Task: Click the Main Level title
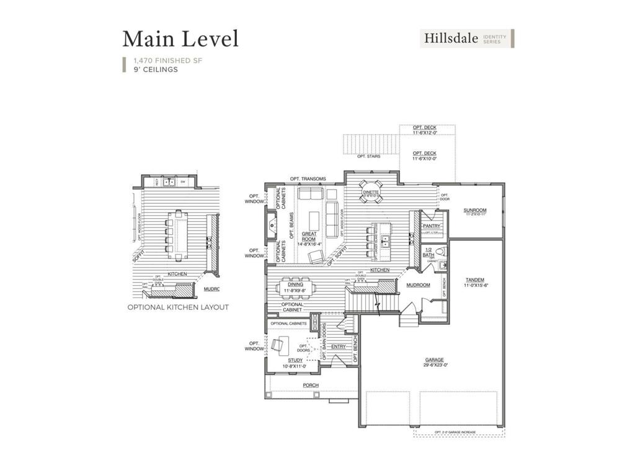[x=180, y=39]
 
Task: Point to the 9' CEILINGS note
[x=156, y=69]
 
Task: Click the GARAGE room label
[x=433, y=359]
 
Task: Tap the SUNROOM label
[x=475, y=210]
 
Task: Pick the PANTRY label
[x=431, y=226]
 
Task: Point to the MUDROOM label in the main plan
[x=418, y=285]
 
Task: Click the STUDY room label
[x=296, y=360]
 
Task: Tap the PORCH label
[x=311, y=386]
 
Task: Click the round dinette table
[x=372, y=191]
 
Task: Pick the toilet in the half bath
[x=441, y=252]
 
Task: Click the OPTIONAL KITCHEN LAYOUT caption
[x=178, y=307]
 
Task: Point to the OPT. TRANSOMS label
[x=308, y=179]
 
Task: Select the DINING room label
[x=296, y=284]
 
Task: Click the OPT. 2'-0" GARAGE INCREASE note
[x=459, y=431]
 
